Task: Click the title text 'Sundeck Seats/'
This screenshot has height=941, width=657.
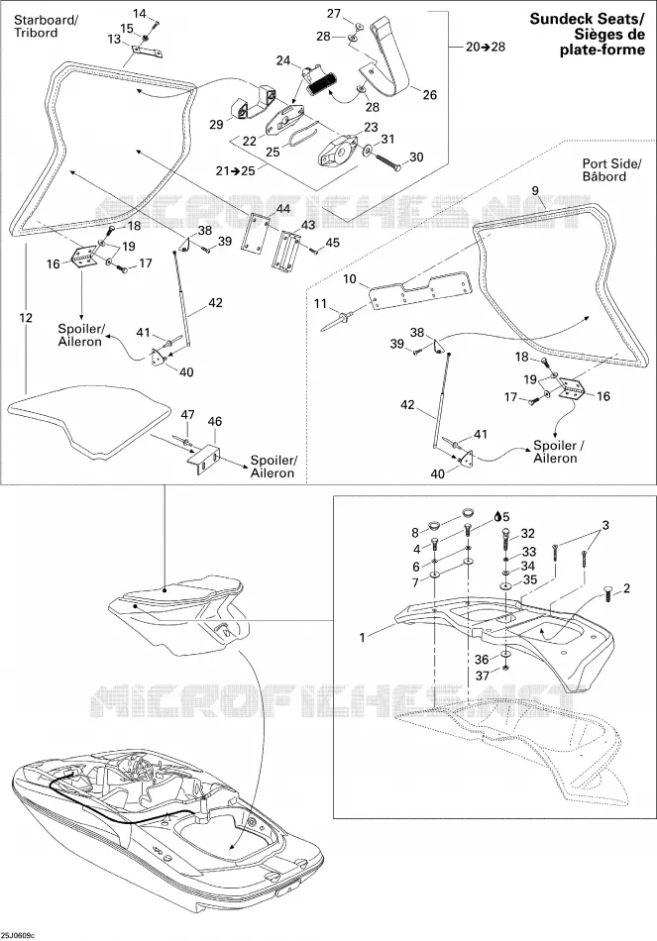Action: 587,19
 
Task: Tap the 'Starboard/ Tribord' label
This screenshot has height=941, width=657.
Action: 46,27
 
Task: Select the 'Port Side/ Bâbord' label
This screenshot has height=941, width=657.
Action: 612,169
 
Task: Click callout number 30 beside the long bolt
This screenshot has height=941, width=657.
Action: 416,157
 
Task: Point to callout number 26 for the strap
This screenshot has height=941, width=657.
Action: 429,94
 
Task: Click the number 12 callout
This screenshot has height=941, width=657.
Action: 25,318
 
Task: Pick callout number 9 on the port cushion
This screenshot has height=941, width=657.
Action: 535,191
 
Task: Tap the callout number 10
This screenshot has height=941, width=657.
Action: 350,279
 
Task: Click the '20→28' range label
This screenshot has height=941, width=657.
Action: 486,47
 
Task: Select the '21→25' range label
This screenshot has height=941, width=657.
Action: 236,170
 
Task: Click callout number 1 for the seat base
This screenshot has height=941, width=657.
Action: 362,637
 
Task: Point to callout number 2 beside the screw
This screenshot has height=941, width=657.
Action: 627,588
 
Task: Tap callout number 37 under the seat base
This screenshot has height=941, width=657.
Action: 483,676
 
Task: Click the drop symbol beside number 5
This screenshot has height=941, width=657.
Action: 497,516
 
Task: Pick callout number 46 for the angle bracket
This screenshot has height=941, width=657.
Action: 214,421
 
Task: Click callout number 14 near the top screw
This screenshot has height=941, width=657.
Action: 140,13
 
